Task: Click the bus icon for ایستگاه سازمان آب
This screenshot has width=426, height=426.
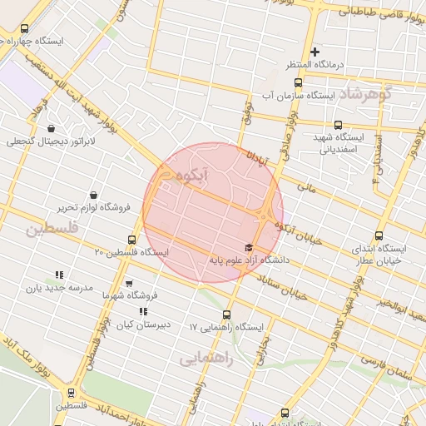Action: click(299, 83)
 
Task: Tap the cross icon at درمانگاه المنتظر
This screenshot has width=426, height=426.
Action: click(315, 52)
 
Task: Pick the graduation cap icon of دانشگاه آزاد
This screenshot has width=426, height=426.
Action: click(248, 247)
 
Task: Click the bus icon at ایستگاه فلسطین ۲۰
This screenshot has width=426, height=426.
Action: click(131, 240)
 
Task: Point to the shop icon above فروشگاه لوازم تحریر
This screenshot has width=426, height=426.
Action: click(92, 195)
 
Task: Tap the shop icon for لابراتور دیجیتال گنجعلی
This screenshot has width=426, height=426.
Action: click(52, 129)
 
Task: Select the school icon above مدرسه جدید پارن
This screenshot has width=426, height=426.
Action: click(59, 275)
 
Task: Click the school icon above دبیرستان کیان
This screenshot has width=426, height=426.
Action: click(143, 311)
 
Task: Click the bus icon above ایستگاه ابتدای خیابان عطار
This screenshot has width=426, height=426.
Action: click(380, 236)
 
